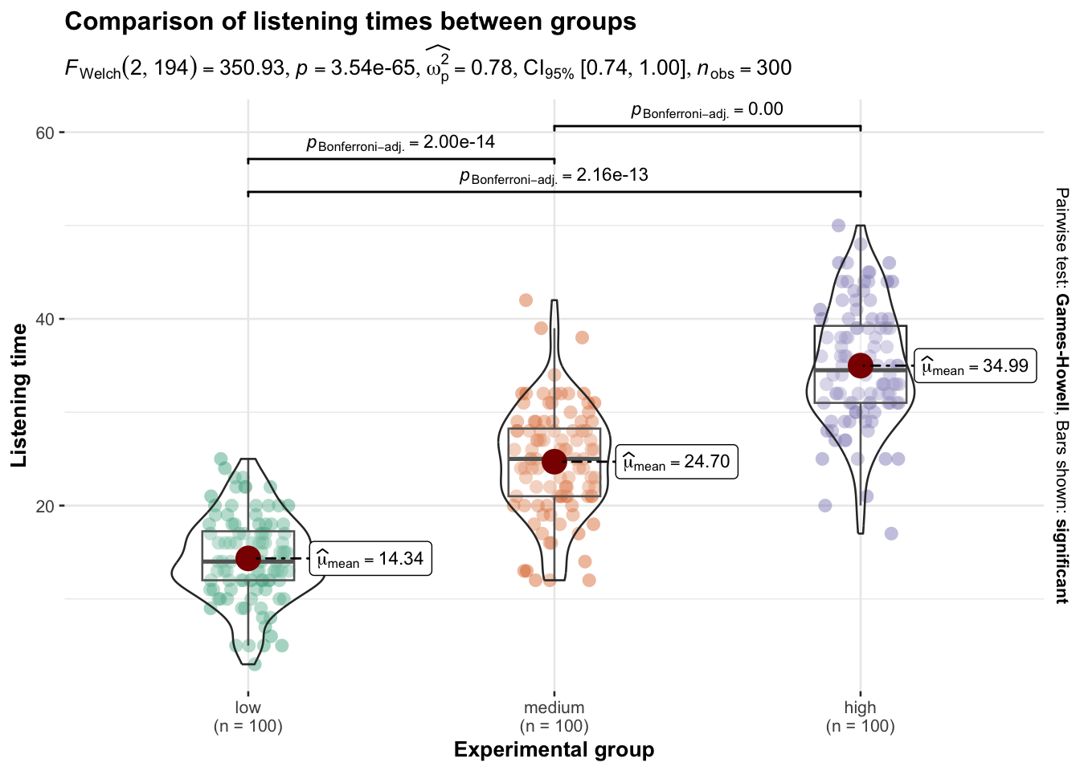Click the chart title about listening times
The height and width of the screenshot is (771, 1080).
click(350, 22)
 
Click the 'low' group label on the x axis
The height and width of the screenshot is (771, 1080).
click(247, 708)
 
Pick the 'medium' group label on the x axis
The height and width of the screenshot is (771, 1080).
click(554, 708)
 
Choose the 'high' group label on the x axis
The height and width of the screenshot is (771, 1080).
click(860, 708)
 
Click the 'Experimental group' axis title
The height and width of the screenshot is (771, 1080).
click(554, 750)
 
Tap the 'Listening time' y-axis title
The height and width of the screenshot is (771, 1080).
click(19, 395)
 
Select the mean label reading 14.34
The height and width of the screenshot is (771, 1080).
click(370, 559)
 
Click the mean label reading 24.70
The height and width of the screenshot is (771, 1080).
click(677, 462)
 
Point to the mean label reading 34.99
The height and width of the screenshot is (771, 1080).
click(975, 366)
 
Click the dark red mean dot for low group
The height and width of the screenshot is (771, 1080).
click(247, 558)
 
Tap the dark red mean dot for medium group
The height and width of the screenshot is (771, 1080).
click(554, 461)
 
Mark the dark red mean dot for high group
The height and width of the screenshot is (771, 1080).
click(861, 365)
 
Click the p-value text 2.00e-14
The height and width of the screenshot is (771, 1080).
click(459, 142)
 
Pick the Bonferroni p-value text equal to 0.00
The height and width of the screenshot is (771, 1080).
click(766, 109)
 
